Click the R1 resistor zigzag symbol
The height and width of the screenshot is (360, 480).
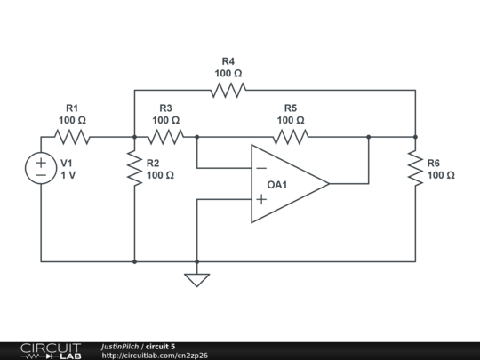point(72,137)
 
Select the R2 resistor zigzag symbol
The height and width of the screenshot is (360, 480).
point(134,168)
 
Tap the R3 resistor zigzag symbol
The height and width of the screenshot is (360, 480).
point(165,137)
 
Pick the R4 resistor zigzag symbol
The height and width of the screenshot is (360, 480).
point(228,90)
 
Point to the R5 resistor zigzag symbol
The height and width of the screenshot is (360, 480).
point(290,137)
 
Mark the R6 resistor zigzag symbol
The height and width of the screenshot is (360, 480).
point(415,168)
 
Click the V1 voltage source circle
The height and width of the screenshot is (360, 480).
point(41,169)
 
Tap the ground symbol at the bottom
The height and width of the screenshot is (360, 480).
point(196,279)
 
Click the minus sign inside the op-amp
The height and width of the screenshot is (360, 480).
point(261,168)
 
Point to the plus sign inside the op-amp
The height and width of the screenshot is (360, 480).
point(261,200)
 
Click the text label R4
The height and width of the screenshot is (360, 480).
point(228,61)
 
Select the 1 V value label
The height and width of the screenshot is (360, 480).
point(68,176)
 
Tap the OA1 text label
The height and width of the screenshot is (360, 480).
point(277,184)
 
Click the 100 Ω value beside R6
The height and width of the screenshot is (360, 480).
point(441,176)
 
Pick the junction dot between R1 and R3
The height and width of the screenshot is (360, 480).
point(134,137)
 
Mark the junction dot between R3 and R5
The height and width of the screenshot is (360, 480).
point(196,137)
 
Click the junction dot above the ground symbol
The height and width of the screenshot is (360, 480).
point(196,261)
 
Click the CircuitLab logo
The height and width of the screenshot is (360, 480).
point(51,350)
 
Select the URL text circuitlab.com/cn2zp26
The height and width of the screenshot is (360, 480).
point(155,356)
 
